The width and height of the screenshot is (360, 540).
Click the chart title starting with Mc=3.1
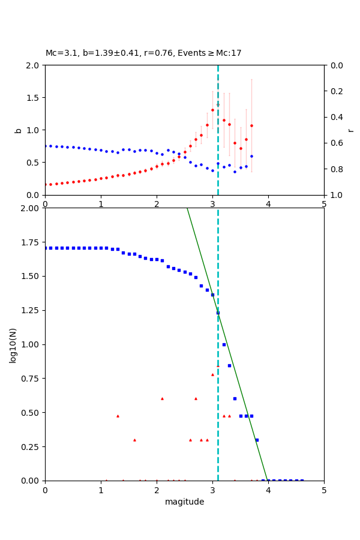(143, 53)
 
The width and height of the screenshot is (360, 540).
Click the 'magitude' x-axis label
(184, 502)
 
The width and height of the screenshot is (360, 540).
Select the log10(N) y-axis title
(13, 345)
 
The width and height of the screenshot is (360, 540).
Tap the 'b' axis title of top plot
(18, 130)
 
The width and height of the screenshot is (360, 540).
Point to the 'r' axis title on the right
(350, 130)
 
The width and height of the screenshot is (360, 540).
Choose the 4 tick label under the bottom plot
(268, 490)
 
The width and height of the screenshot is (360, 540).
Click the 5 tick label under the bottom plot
(324, 490)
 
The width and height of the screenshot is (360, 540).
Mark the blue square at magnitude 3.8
(257, 440)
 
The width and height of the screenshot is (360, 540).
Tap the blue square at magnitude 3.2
(224, 344)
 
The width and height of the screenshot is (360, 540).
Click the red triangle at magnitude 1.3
(118, 416)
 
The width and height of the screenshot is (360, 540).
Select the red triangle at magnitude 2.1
(162, 398)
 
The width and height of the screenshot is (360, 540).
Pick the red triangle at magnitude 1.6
(134, 440)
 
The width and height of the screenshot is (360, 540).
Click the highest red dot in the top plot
(212, 110)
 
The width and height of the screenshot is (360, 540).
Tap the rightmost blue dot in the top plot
(251, 156)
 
